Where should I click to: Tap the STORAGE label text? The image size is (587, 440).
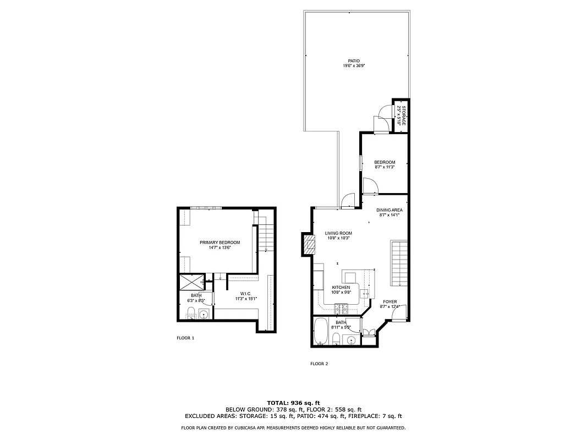[x=404, y=115]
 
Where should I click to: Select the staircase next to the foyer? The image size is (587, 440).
[x=398, y=263]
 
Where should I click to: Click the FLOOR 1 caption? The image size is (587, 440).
[x=185, y=338]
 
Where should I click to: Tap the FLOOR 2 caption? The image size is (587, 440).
[x=319, y=364]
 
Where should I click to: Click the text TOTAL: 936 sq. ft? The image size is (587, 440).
[x=293, y=403]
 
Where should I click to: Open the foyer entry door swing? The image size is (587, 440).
[x=402, y=314]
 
